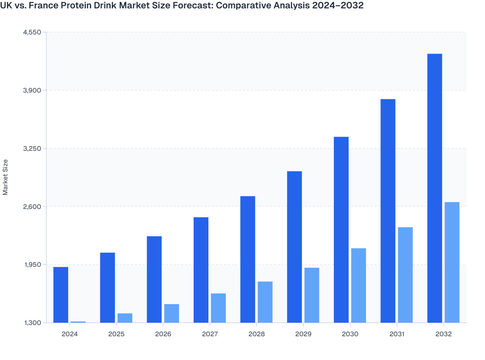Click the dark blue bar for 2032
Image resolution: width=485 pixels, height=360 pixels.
pyautogui.click(x=435, y=188)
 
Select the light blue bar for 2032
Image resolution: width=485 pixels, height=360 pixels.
pyautogui.click(x=452, y=262)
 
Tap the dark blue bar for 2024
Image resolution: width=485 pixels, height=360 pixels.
pyautogui.click(x=61, y=295)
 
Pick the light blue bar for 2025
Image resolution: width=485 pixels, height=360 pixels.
pyautogui.click(x=125, y=318)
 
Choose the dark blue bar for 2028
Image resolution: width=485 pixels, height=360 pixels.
pyautogui.click(x=248, y=259)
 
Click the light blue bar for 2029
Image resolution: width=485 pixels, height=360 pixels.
pyautogui.click(x=312, y=295)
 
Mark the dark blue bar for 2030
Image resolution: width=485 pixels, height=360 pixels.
pyautogui.click(x=341, y=230)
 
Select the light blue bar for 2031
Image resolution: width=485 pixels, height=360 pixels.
pyautogui.click(x=405, y=275)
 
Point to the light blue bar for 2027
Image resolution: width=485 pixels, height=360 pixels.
pyautogui.click(x=218, y=308)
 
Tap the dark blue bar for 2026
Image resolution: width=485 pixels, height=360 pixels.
pyautogui.click(x=154, y=279)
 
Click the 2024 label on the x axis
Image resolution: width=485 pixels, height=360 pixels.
pyautogui.click(x=69, y=334)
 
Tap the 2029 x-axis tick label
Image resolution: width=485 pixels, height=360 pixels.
pyautogui.click(x=303, y=334)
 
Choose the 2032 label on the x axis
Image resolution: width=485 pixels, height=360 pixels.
pyautogui.click(x=444, y=334)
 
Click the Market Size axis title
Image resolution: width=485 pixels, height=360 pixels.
pyautogui.click(x=5, y=177)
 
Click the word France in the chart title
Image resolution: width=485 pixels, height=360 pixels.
pyautogui.click(x=42, y=5)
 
